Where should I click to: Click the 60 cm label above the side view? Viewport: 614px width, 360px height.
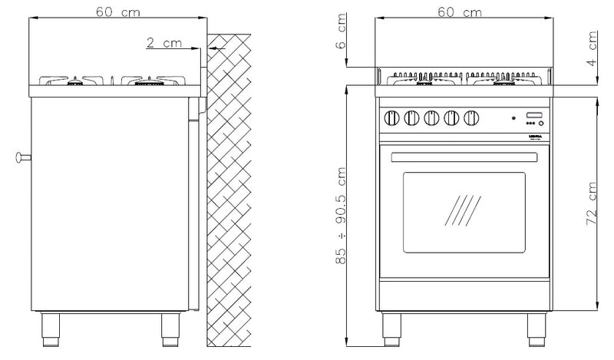(117, 12)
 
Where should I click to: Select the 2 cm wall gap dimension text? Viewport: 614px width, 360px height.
(163, 43)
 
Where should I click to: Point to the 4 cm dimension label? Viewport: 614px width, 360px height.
(593, 52)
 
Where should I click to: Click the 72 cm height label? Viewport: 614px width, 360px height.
(593, 203)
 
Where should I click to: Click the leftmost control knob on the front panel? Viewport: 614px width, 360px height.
(392, 118)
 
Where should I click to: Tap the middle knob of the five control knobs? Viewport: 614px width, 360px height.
(432, 118)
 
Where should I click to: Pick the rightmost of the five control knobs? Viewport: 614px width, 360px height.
(471, 118)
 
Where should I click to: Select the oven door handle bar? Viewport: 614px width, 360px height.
(463, 157)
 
